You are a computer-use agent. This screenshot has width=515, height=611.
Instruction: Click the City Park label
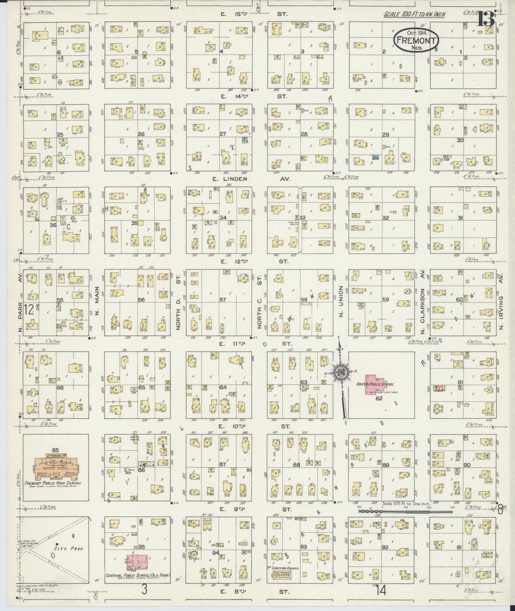coord(69,559)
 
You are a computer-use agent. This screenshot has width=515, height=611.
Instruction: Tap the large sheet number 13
coord(486,19)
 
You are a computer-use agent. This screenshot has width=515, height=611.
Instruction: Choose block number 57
coord(222,300)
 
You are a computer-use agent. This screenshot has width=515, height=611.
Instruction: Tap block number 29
coord(385,134)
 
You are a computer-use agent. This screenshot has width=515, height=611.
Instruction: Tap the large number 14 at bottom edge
coord(380,591)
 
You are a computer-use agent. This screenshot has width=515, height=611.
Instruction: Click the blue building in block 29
coord(375,156)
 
